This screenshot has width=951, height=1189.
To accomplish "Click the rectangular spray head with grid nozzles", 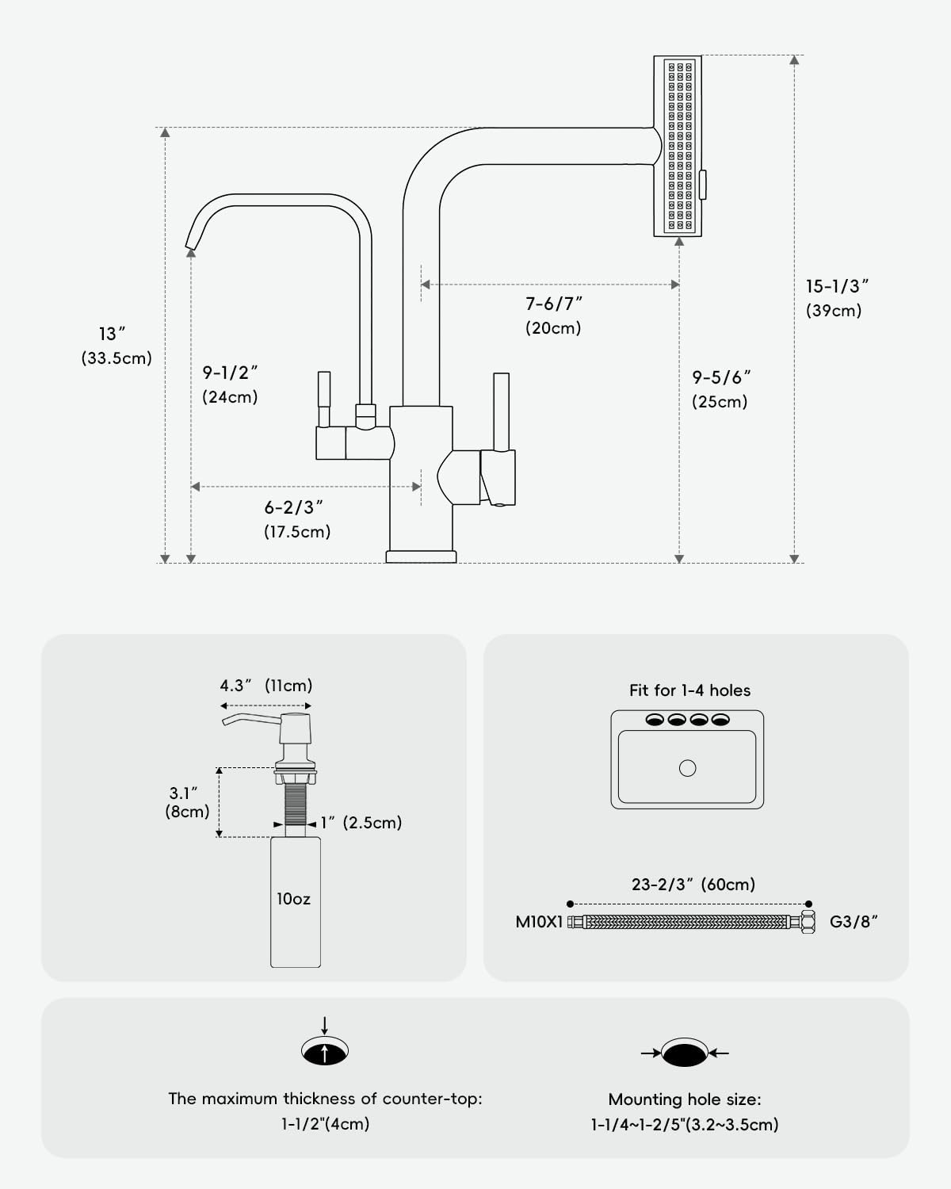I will click(678, 146).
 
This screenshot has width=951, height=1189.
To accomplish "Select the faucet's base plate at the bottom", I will click(421, 556).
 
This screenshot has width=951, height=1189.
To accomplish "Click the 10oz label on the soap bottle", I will click(293, 899).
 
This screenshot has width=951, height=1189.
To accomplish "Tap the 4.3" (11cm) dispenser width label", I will click(266, 686).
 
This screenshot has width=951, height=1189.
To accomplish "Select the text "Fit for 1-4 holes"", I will click(689, 690).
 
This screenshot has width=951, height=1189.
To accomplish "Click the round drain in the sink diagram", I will click(688, 767).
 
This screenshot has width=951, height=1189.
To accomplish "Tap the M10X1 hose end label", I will click(539, 922).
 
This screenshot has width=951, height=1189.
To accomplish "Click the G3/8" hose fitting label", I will click(854, 922).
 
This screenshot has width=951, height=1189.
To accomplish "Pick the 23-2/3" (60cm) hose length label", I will click(693, 884).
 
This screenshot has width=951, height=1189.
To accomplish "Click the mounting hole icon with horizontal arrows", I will click(686, 1053).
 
